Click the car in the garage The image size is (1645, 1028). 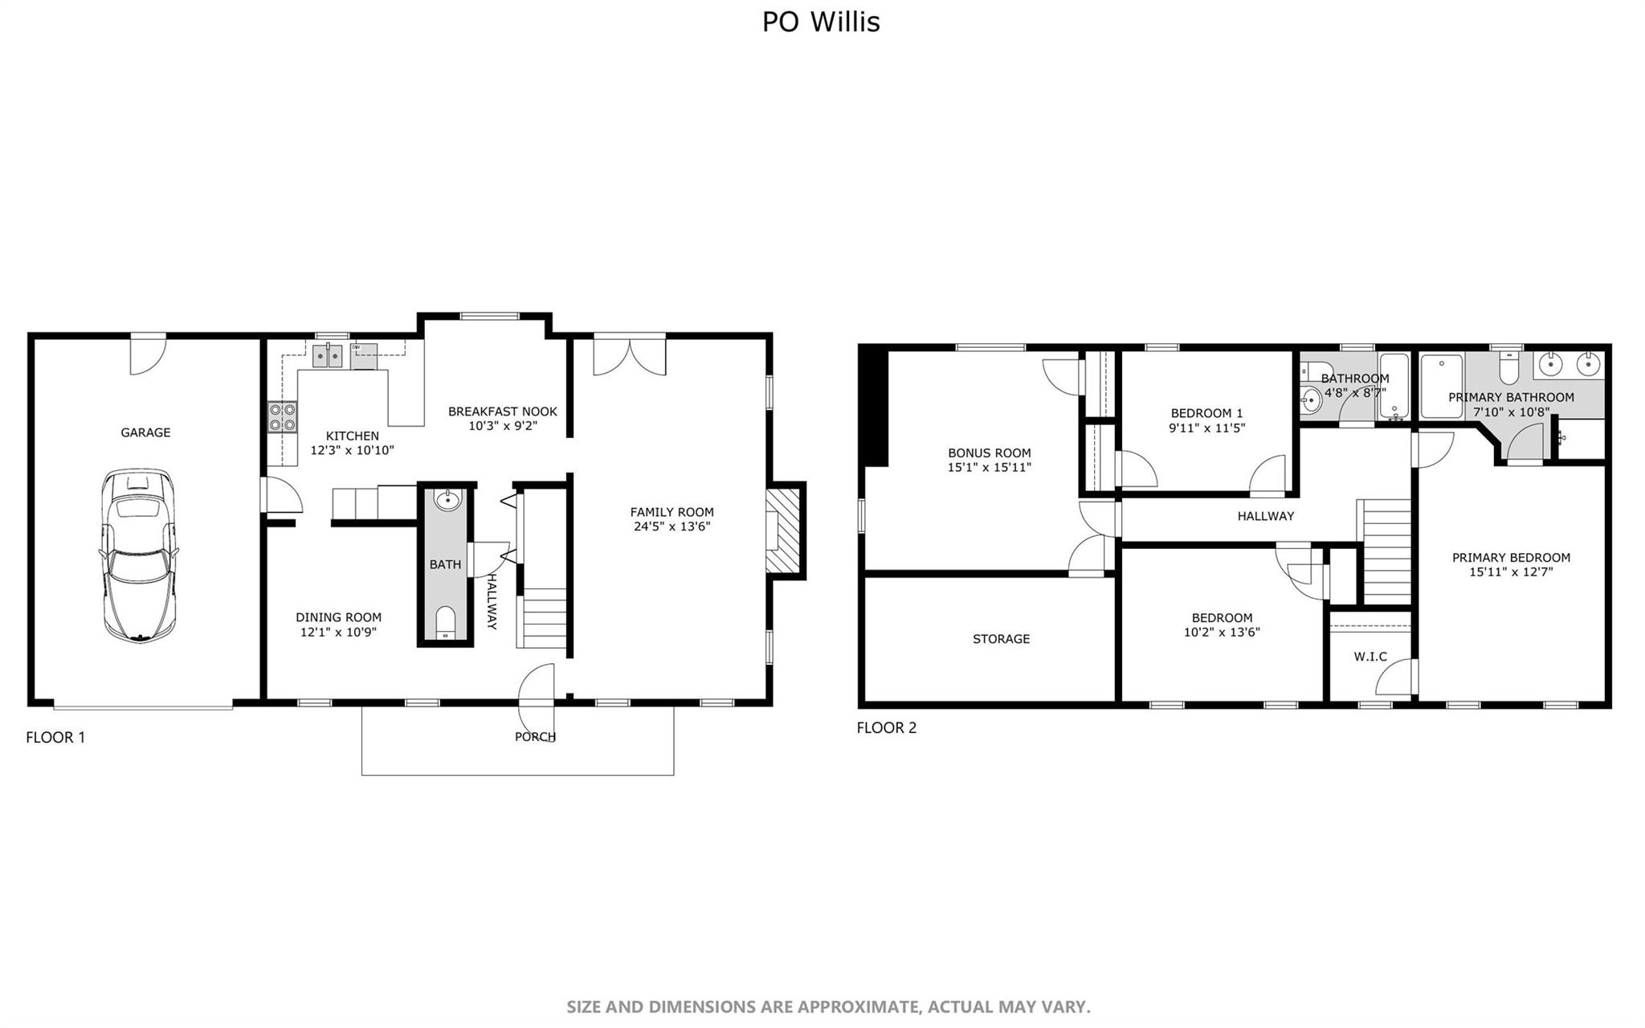(138, 555)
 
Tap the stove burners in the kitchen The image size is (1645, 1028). (282, 418)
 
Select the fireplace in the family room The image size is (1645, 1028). (783, 530)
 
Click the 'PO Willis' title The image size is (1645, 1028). (821, 22)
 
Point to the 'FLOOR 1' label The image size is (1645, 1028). (55, 737)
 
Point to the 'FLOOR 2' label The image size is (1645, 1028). (886, 727)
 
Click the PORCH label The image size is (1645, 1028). (535, 736)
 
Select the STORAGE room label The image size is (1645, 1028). (1001, 639)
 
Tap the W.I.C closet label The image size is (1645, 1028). (1370, 657)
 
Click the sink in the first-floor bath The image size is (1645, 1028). (447, 500)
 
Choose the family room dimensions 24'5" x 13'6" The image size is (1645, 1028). (671, 527)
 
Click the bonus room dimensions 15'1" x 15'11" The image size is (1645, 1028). (990, 467)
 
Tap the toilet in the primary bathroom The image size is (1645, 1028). (1508, 368)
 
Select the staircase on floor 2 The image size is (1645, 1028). (1384, 551)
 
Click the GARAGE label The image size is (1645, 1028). (145, 432)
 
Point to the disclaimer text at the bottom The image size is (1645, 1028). (828, 1006)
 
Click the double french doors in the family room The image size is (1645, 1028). (630, 356)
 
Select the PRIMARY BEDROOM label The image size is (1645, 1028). (1511, 558)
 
